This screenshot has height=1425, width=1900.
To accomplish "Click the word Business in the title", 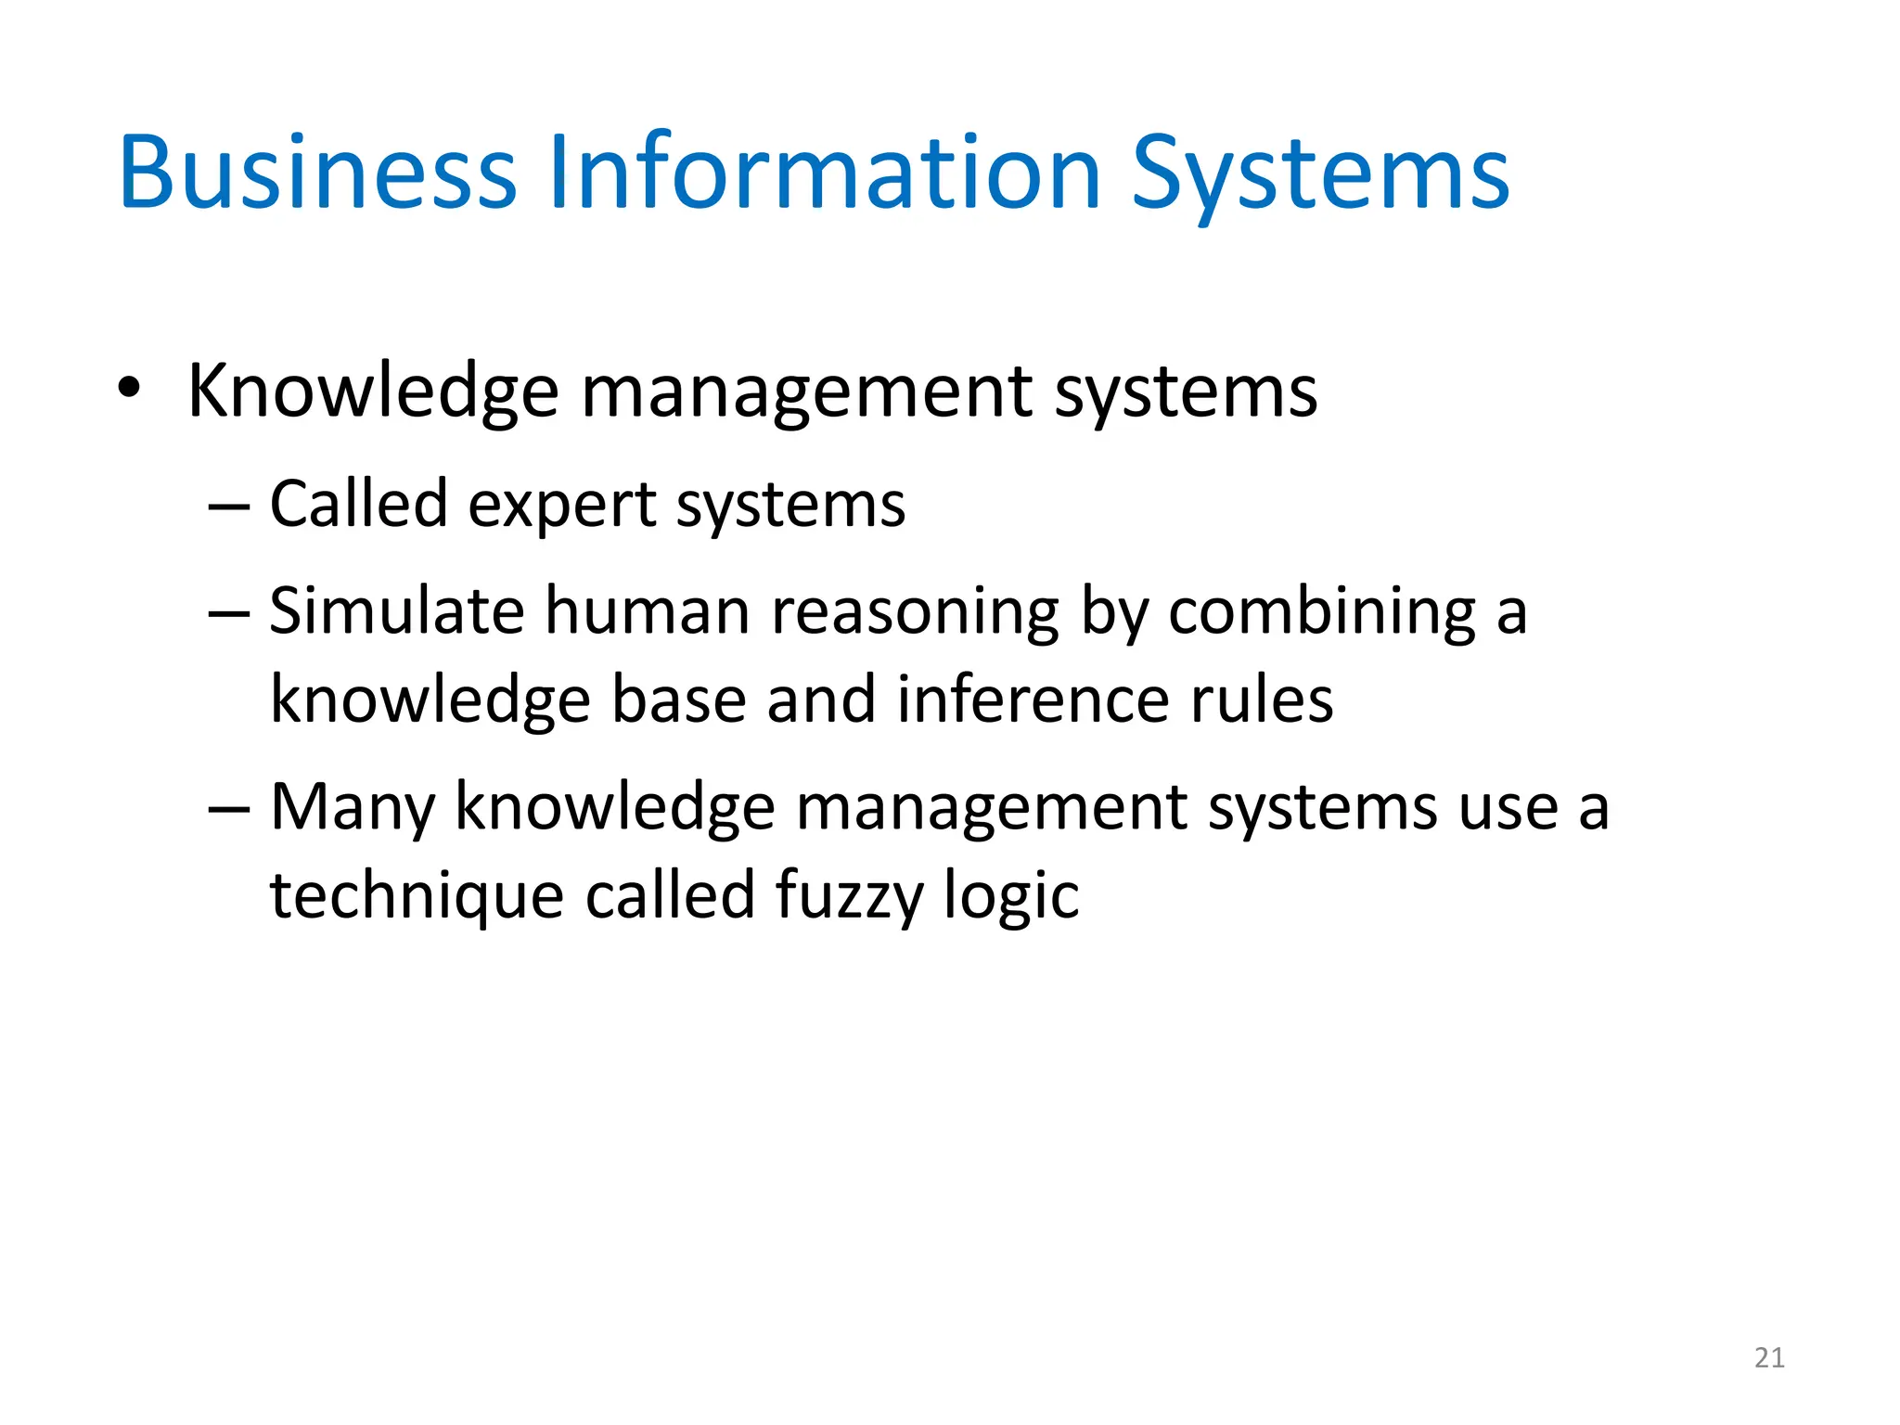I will pyautogui.click(x=316, y=173).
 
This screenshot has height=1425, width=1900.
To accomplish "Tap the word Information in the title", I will pyautogui.click(x=825, y=173).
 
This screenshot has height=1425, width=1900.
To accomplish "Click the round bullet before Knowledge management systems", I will pyautogui.click(x=130, y=390).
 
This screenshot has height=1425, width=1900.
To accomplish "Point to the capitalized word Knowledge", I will pyautogui.click(x=373, y=392).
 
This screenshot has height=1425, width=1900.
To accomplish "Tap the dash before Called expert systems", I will pyautogui.click(x=229, y=507).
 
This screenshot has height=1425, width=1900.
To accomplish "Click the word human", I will pyautogui.click(x=647, y=612).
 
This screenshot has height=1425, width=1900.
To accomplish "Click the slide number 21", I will pyautogui.click(x=1769, y=1358).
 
